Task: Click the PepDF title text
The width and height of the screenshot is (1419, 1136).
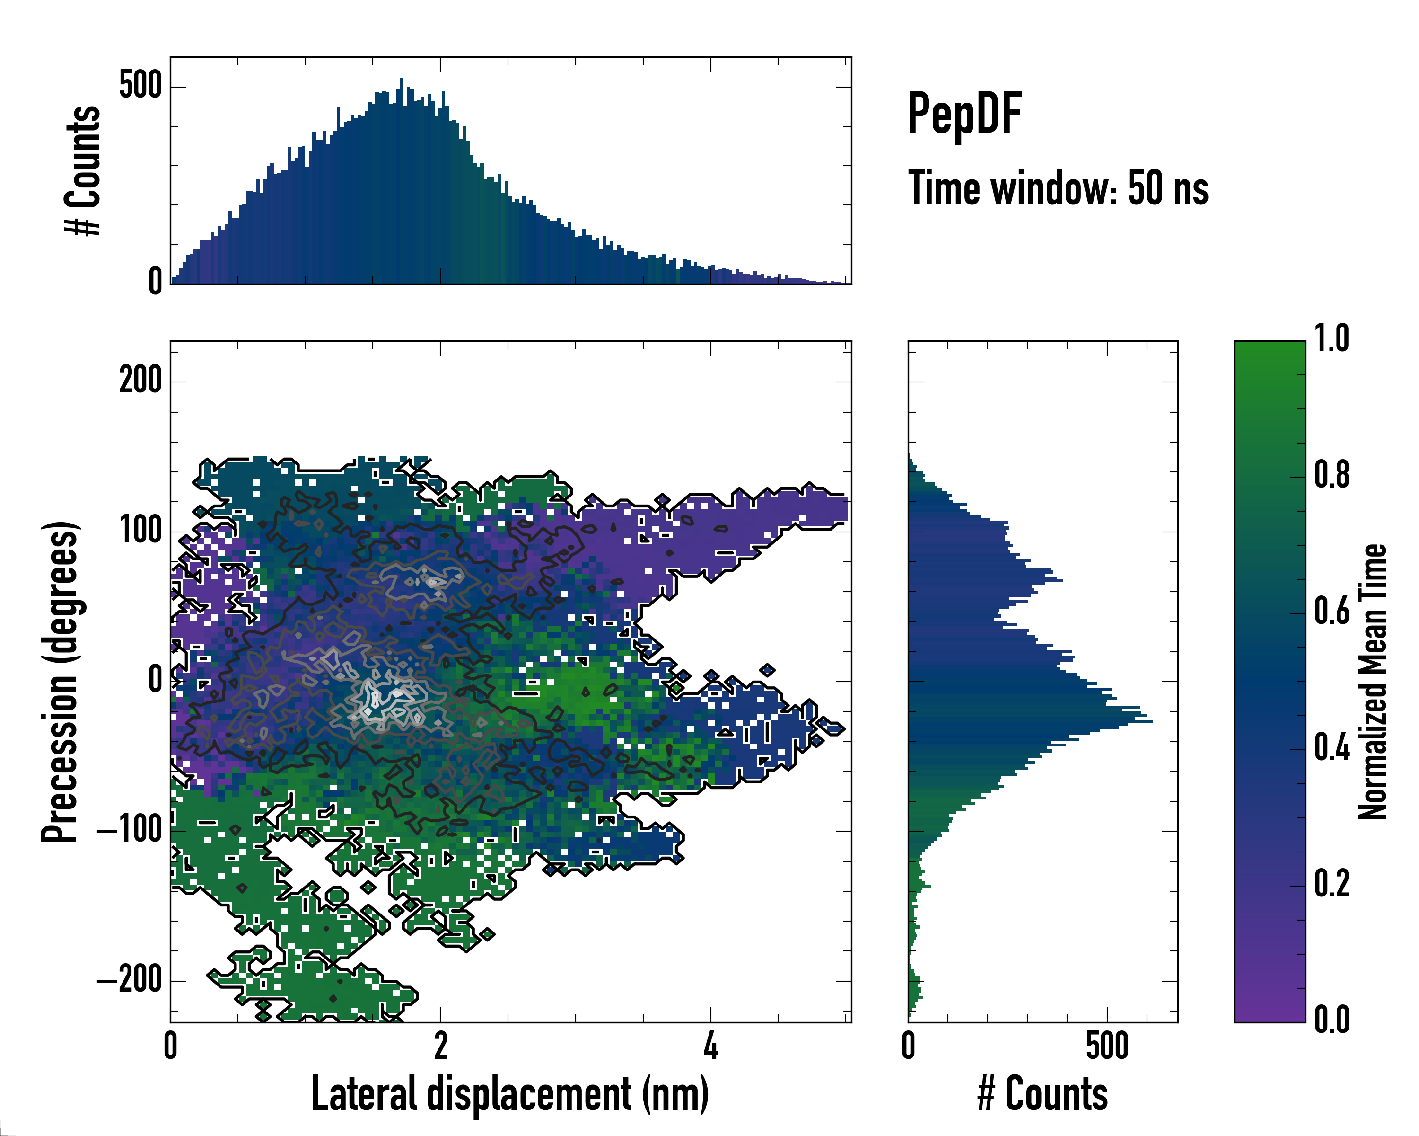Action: coord(964,114)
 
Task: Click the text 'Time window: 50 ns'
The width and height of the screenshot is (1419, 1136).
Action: coord(1058,188)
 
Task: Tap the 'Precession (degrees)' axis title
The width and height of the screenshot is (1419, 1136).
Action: coord(61,682)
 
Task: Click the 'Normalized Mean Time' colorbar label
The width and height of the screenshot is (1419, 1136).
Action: coord(1372,682)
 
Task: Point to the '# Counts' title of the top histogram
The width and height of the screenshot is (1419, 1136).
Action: coord(83,170)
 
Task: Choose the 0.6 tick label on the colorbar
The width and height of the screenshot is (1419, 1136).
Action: coord(1331,612)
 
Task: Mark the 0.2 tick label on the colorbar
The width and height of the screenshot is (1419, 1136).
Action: coord(1331,884)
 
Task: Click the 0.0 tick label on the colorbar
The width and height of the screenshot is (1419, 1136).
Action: coord(1331,1020)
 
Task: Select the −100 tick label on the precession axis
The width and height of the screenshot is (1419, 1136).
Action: coord(130,831)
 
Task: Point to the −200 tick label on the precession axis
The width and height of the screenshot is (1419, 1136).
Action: coord(130,981)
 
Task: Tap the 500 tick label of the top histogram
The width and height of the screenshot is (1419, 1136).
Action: coord(140,86)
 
